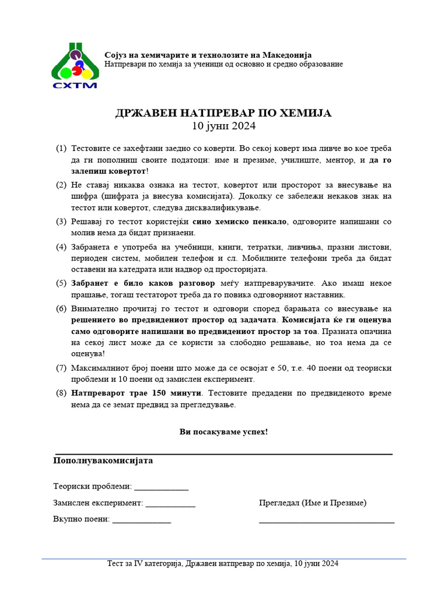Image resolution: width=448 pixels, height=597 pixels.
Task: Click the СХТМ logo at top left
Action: (x=75, y=65)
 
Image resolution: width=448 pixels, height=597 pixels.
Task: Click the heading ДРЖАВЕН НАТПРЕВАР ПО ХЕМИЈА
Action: (x=223, y=113)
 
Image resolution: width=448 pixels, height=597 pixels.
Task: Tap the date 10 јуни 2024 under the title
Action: (x=224, y=125)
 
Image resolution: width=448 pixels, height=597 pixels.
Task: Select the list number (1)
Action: (x=61, y=149)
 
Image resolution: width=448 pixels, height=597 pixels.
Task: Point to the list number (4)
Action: (x=61, y=247)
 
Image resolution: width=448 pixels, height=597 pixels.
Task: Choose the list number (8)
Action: (x=61, y=394)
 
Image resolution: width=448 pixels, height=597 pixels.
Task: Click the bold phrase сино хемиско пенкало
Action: (x=239, y=222)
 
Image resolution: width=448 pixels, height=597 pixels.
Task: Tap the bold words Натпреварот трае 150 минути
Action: (x=138, y=394)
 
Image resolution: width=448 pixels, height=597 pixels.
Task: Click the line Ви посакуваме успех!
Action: (x=224, y=432)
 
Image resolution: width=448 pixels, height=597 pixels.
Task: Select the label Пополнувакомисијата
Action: (x=103, y=461)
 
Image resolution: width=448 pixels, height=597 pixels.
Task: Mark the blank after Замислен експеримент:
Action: (x=170, y=503)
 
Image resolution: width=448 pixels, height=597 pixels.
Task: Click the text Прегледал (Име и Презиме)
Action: (x=313, y=503)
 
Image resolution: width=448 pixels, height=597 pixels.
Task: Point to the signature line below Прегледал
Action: (x=327, y=522)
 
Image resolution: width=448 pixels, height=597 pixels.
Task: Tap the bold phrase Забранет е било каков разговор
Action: (x=143, y=283)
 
